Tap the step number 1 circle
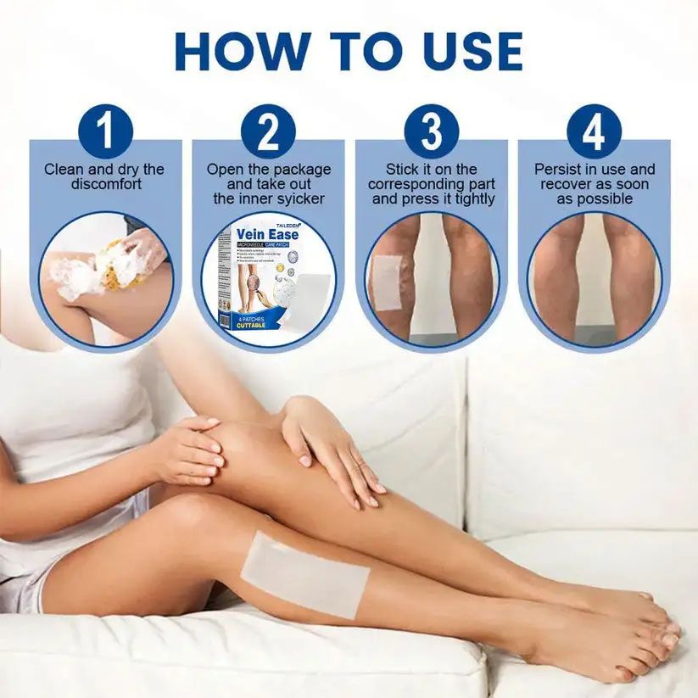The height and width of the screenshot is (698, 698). point(105,132)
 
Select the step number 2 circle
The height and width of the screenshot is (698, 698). point(268,132)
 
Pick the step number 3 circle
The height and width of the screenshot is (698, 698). point(432,132)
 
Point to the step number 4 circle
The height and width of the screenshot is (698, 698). point(594,132)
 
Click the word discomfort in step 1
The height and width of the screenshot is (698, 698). point(104,184)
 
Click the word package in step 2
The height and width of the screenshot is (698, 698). point(302,169)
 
